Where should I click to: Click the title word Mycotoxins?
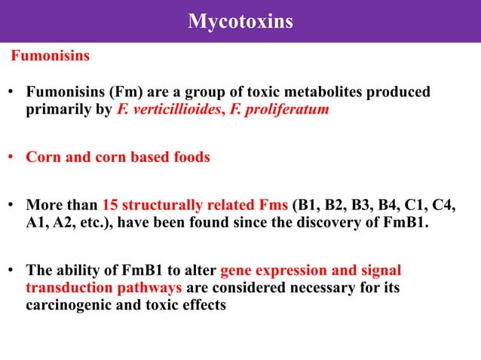[240, 22]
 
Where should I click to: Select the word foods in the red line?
[189, 158]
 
